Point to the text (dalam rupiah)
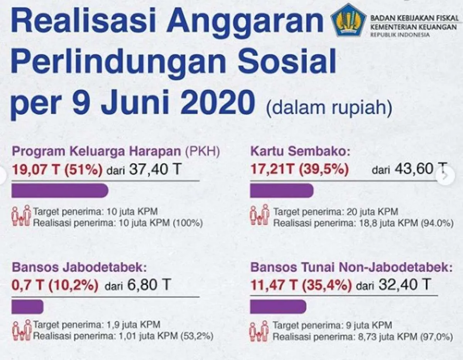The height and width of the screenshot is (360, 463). pyautogui.click(x=329, y=108)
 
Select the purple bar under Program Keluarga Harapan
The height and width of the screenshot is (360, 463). pyautogui.click(x=60, y=190)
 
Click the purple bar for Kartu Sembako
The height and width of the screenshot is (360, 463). pyautogui.click(x=282, y=190)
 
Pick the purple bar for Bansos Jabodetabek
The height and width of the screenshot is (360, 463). pyautogui.click(x=27, y=307)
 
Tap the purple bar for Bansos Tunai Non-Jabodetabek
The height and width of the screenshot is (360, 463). pyautogui.click(x=278, y=307)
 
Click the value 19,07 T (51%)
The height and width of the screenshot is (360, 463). pyautogui.click(x=57, y=170)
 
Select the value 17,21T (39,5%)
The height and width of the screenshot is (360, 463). pyautogui.click(x=299, y=170)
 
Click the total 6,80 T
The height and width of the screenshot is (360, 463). pyautogui.click(x=148, y=286)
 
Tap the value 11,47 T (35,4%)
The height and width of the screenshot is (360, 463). pyautogui.click(x=301, y=286)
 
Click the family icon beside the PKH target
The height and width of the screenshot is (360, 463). pyautogui.click(x=21, y=215)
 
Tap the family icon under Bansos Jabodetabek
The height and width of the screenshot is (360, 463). pyautogui.click(x=22, y=330)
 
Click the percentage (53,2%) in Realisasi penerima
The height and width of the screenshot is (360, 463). pyautogui.click(x=196, y=336)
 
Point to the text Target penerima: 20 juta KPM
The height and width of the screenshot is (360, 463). pyautogui.click(x=336, y=212)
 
